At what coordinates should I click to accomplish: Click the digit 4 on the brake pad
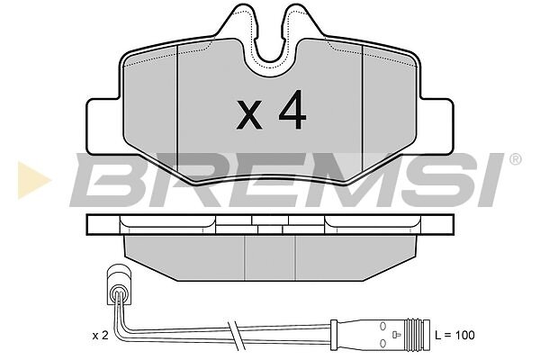pyautogui.click(x=292, y=110)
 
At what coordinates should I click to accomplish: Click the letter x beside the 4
pyautogui.click(x=249, y=115)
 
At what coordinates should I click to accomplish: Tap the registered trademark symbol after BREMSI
pyautogui.click(x=515, y=159)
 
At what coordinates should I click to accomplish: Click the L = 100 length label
pyautogui.click(x=454, y=335)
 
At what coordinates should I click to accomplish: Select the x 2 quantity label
pyautogui.click(x=100, y=336)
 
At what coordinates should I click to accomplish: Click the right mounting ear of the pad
pyautogui.click(x=436, y=126)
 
